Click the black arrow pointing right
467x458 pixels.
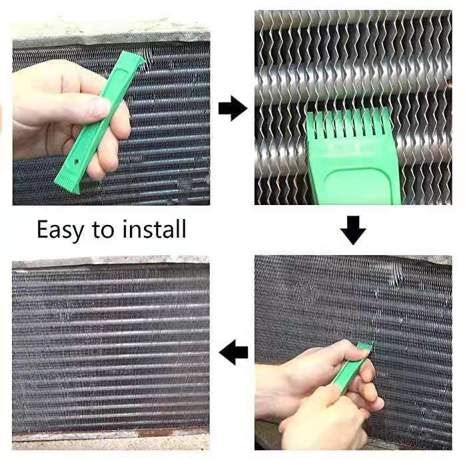pos(233,109)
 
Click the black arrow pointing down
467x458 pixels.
pos(353,230)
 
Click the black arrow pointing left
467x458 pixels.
pos(234,351)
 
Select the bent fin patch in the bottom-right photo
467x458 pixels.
pos(394,280)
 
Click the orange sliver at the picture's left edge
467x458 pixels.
pos(3,120)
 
